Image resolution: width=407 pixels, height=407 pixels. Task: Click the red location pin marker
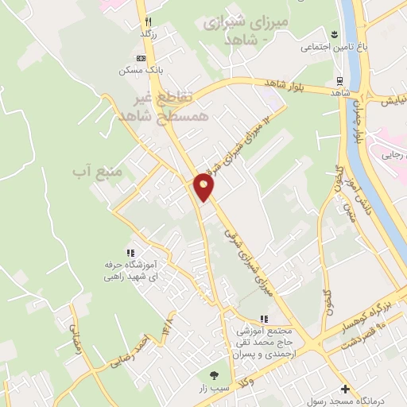(x=203, y=187)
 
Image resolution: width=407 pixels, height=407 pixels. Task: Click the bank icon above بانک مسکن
(x=141, y=58)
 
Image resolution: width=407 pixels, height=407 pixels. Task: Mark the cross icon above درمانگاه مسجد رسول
(x=344, y=389)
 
